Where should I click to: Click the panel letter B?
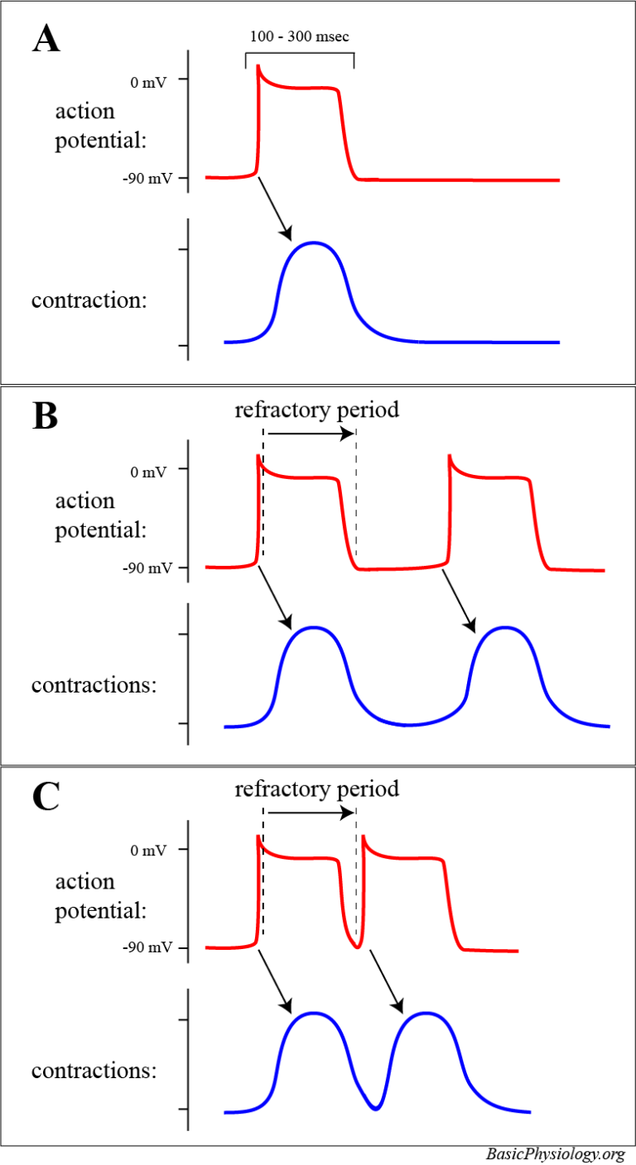coord(45,416)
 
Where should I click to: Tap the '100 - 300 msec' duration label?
coord(299,37)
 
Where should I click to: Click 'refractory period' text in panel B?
coord(317,410)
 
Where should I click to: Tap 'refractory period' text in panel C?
coord(317,789)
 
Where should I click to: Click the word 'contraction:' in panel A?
coord(89,300)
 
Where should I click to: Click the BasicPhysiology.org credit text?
coord(555,1153)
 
